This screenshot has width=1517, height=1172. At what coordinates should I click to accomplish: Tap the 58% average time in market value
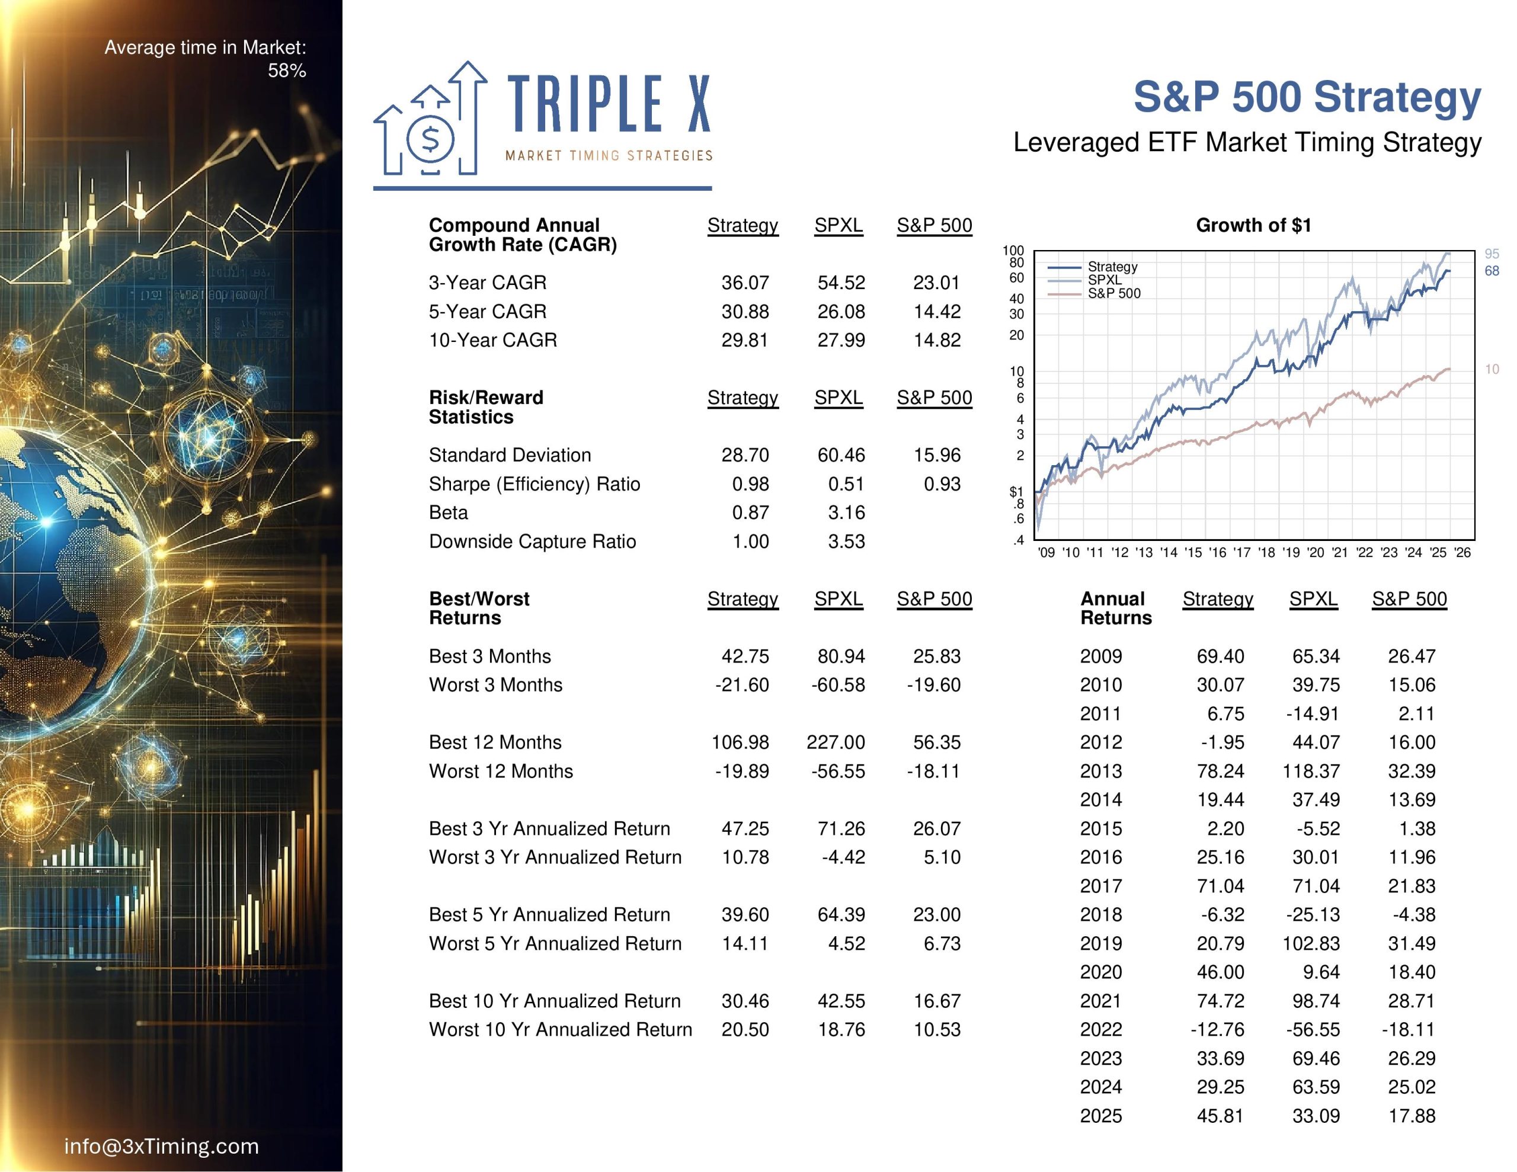[x=287, y=71]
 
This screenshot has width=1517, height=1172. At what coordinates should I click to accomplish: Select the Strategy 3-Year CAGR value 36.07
[x=745, y=283]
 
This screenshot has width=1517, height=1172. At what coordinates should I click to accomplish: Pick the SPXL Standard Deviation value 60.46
[x=840, y=455]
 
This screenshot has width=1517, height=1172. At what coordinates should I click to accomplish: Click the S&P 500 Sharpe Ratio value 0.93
[x=941, y=484]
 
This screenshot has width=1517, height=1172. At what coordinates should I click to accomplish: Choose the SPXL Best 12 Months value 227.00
[x=836, y=742]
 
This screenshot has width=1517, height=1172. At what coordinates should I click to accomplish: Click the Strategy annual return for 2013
[x=1220, y=771]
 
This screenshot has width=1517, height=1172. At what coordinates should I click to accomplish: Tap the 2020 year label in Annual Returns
[x=1100, y=972]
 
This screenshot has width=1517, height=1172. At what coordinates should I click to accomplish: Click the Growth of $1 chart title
[x=1253, y=225]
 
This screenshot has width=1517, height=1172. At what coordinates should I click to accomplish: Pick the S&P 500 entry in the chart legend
[x=1113, y=294]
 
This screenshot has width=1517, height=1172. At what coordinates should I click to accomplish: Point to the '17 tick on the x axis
[x=1241, y=552]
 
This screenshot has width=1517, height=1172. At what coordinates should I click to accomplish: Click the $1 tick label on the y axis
[x=1016, y=492]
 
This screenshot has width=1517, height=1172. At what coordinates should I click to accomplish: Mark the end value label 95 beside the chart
[x=1492, y=254]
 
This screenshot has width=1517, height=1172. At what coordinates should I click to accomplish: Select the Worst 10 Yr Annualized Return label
[x=560, y=1030]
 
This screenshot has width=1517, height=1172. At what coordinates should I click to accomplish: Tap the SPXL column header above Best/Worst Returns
[x=838, y=599]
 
